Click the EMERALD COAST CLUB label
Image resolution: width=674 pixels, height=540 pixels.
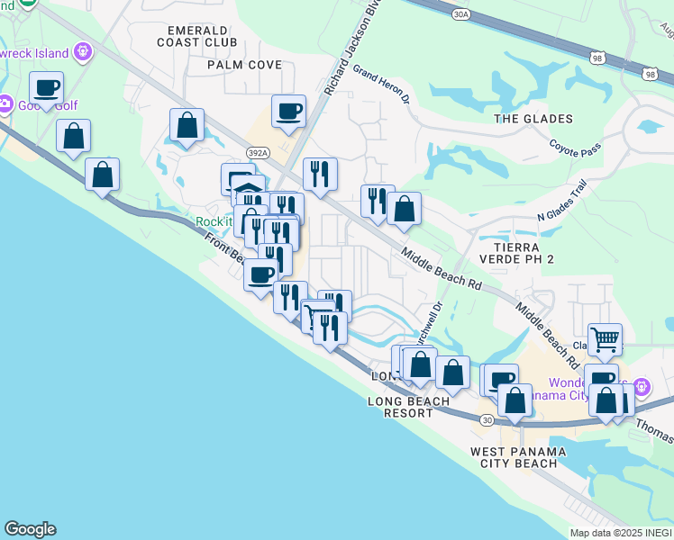(x=196, y=35)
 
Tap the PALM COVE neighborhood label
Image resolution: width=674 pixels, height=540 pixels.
(x=244, y=65)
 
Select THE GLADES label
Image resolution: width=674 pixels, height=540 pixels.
(x=533, y=119)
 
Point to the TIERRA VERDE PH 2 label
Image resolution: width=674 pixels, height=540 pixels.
(x=516, y=253)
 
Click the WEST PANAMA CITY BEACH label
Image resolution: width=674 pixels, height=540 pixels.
(x=518, y=457)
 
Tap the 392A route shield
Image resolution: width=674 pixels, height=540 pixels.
(x=260, y=154)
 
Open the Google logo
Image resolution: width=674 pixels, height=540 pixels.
(x=30, y=529)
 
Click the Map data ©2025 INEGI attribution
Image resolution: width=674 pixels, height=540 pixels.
(x=621, y=533)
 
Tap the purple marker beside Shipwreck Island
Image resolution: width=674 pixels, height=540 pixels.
(x=85, y=50)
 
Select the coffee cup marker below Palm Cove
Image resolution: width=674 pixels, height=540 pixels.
(x=288, y=112)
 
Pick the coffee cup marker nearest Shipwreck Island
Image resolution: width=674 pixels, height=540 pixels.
(x=47, y=88)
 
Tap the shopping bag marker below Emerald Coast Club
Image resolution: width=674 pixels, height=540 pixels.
(x=187, y=125)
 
